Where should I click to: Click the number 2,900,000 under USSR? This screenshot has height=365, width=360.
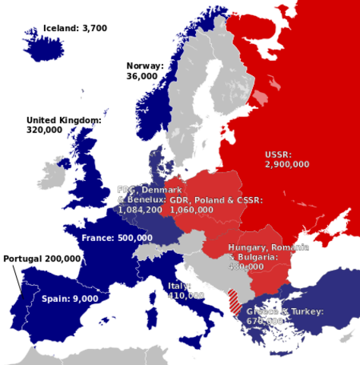pyautogui.click(x=287, y=163)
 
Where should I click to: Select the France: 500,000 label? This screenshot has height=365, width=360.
pyautogui.click(x=116, y=238)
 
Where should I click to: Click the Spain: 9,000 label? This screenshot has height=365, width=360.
pyautogui.click(x=70, y=299)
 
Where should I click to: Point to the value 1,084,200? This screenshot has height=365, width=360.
pyautogui.click(x=140, y=209)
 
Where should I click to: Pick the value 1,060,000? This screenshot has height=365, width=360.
pyautogui.click(x=191, y=209)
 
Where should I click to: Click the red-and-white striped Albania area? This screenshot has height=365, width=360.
pyautogui.click(x=235, y=300)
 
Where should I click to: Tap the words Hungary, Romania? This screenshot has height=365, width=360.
pyautogui.click(x=268, y=249)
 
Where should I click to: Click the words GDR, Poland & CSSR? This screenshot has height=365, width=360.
pyautogui.click(x=216, y=200)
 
